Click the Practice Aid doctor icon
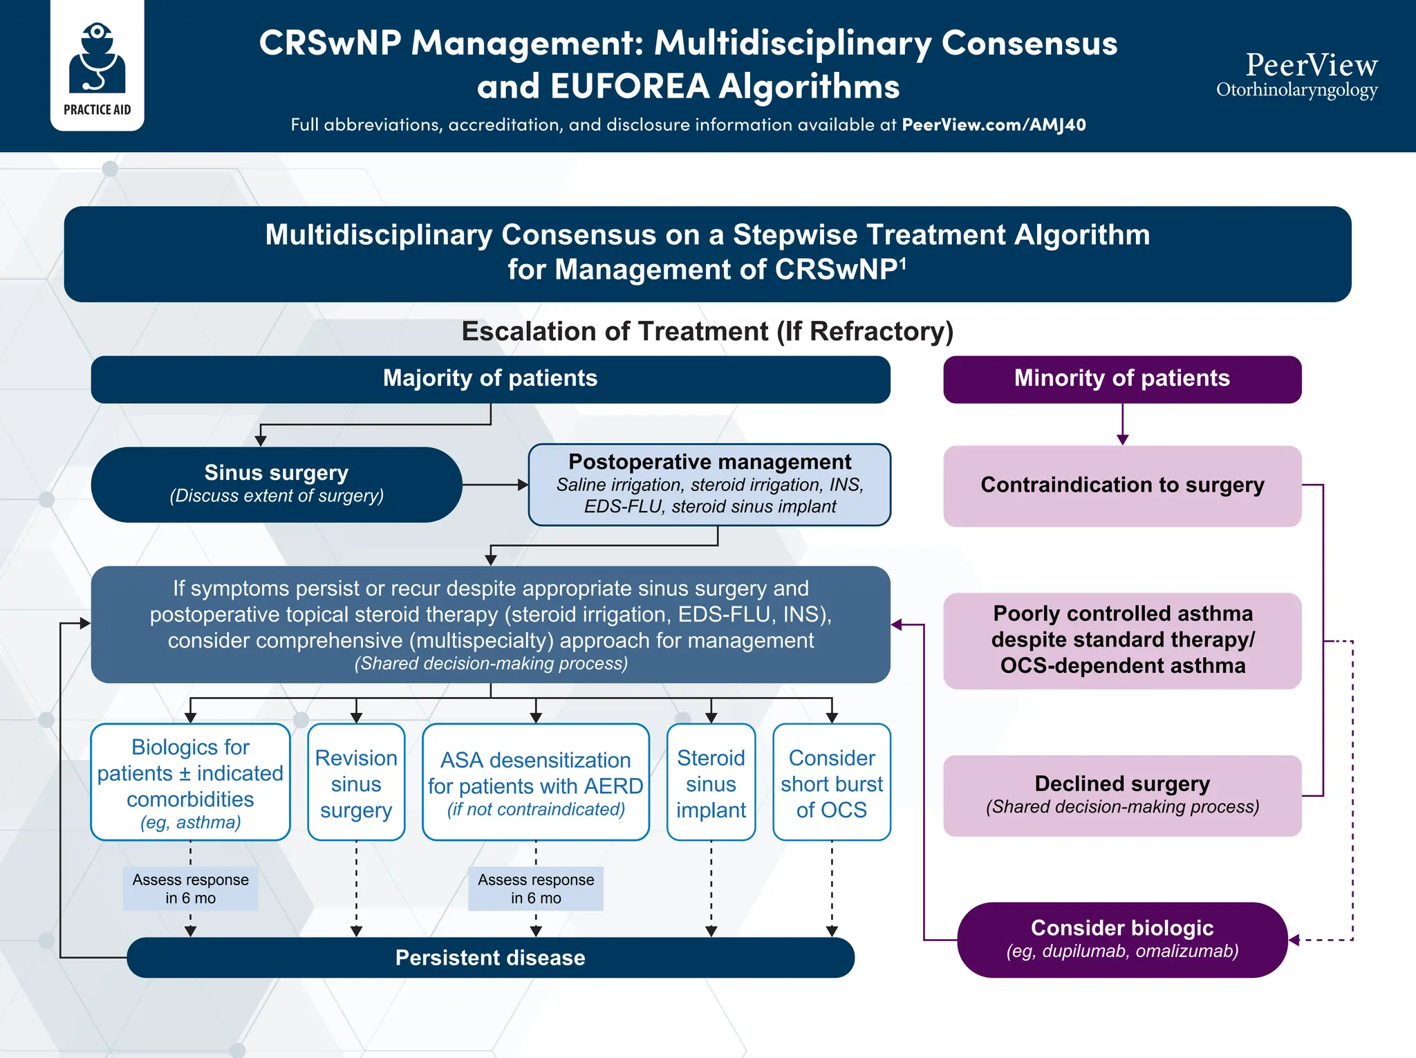pyautogui.click(x=97, y=59)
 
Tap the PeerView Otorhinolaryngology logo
pyautogui.click(x=1297, y=75)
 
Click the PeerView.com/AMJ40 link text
pyautogui.click(x=994, y=125)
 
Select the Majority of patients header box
pyautogui.click(x=490, y=379)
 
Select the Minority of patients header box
pyautogui.click(x=1121, y=379)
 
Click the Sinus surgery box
pyautogui.click(x=276, y=484)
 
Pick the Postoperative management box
pyautogui.click(x=709, y=484)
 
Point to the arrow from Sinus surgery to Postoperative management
pyautogui.click(x=495, y=485)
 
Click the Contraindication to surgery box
pyautogui.click(x=1121, y=485)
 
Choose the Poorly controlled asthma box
pyautogui.click(x=1121, y=640)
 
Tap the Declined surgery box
pyautogui.click(x=1121, y=795)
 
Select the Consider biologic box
pyautogui.click(x=1121, y=939)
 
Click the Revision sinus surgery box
pyautogui.click(x=356, y=783)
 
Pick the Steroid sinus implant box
pyautogui.click(x=711, y=783)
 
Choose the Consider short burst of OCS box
pyautogui.click(x=831, y=783)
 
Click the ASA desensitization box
pyautogui.click(x=535, y=783)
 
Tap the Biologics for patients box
pyautogui.click(x=190, y=783)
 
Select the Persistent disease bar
pyautogui.click(x=490, y=958)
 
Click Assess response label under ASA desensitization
pyautogui.click(x=535, y=889)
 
